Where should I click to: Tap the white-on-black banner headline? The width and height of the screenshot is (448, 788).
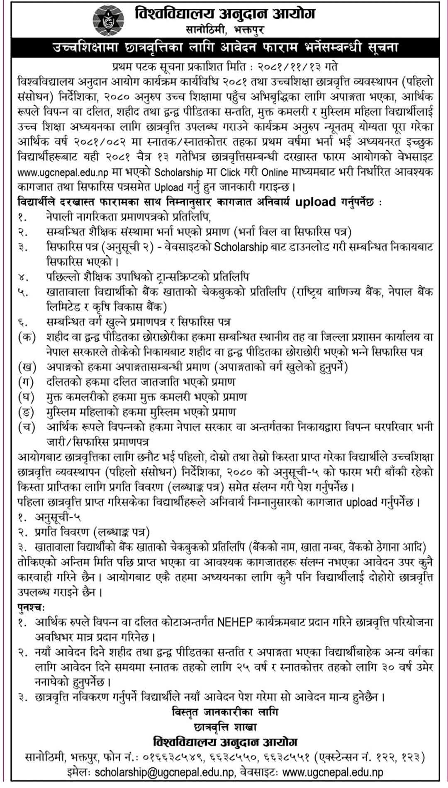pos(224,48)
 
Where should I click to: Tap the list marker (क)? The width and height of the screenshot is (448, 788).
pos(27,337)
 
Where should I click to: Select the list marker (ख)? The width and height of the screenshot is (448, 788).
pos(27,367)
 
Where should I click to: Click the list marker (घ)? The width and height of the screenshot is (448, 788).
pos(27,397)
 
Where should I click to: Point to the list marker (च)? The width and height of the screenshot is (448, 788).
pos(27,427)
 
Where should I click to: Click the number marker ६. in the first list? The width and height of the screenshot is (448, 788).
pos(22,322)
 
